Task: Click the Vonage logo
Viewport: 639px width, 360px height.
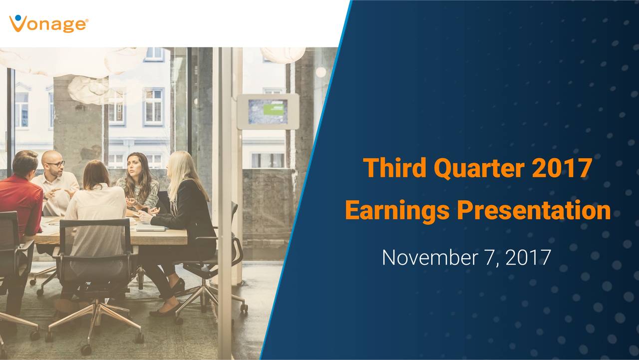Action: point(49,23)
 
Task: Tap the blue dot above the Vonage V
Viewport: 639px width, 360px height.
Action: point(18,17)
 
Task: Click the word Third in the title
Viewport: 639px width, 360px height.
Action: point(395,168)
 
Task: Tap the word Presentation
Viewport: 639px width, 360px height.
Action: point(534,210)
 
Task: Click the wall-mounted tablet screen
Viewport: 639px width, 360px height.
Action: point(268,111)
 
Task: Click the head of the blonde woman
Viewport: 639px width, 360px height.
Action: point(180,166)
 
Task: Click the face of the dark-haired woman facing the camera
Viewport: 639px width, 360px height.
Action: point(134,165)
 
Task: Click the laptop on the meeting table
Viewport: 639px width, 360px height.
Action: point(151,228)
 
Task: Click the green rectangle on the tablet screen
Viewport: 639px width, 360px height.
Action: point(273,110)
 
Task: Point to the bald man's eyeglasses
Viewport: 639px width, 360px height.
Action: point(56,164)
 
